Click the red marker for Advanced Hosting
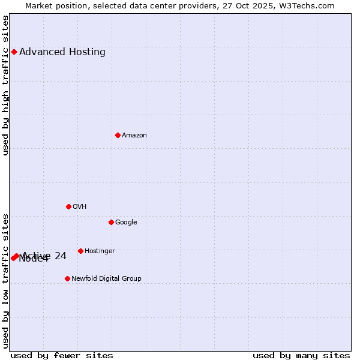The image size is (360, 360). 14,52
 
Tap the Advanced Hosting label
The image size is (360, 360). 62,52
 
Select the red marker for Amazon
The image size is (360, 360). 118,135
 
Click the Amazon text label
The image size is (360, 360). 134,136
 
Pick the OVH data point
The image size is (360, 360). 68,206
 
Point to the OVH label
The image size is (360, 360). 80,207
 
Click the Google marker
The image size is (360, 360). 111,222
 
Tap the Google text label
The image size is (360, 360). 126,223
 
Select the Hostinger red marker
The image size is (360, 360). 80,251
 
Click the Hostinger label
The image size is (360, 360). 100,251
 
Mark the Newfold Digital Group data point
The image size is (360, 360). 67,278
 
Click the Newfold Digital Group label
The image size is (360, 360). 106,279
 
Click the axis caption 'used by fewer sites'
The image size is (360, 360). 62,356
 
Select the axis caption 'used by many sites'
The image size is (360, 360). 301,356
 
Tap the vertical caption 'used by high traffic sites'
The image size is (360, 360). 6,85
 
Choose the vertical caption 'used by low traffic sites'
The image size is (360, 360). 6,281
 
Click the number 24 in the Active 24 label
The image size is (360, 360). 60,256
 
